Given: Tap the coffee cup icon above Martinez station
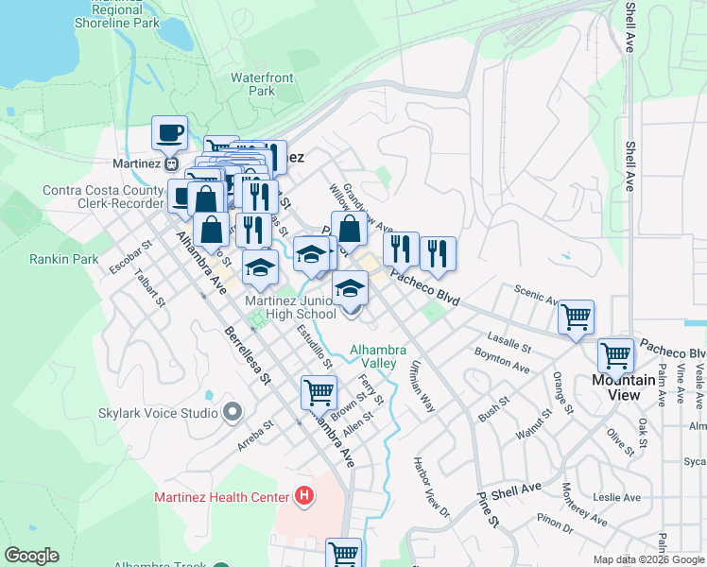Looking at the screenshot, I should pyautogui.click(x=169, y=133).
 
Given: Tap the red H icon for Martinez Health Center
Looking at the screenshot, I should pyautogui.click(x=303, y=494).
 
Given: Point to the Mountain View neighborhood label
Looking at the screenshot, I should pyautogui.click(x=623, y=387).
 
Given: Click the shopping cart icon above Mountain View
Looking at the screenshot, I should pyautogui.click(x=615, y=356).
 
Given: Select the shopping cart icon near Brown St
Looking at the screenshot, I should pyautogui.click(x=319, y=391).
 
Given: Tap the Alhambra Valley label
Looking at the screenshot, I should pyautogui.click(x=372, y=356).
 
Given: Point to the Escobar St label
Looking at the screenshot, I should pyautogui.click(x=133, y=259).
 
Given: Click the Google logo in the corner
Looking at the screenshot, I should pyautogui.click(x=31, y=556).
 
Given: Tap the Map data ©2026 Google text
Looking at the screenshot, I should pyautogui.click(x=647, y=559).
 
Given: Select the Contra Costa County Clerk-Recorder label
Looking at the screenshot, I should pyautogui.click(x=103, y=197).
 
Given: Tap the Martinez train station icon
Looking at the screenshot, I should pyautogui.click(x=172, y=163).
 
